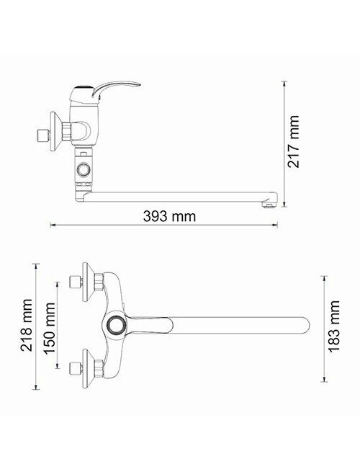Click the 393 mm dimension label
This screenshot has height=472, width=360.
pos(169,216)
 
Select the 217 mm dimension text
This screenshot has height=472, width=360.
pos(294,141)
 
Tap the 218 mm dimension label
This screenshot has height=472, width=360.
pos(26,325)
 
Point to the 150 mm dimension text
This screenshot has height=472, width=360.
pos(50,328)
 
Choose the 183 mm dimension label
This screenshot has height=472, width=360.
pos(334,326)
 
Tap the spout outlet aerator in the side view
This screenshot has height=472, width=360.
pos(269,204)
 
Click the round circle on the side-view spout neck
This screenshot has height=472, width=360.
pos(83,169)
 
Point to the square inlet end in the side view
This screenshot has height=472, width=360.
pos(42,135)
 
